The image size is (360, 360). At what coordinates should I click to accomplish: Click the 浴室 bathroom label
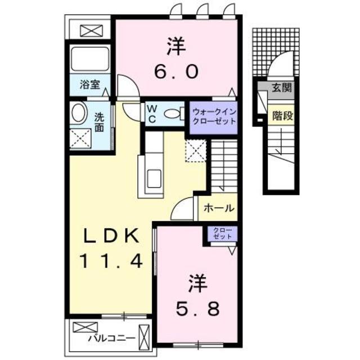[x=89, y=85]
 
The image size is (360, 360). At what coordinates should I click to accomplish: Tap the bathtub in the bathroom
[x=90, y=58]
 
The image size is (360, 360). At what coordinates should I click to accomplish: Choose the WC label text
[x=151, y=112]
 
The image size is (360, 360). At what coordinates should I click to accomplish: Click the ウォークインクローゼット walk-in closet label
[x=213, y=116]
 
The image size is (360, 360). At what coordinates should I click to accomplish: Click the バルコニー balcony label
[x=111, y=339]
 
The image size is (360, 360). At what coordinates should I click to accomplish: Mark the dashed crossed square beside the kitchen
[x=197, y=151]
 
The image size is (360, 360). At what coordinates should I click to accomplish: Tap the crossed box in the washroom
[x=80, y=138]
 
